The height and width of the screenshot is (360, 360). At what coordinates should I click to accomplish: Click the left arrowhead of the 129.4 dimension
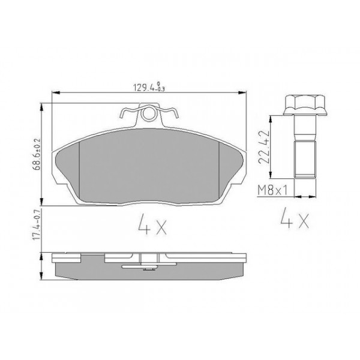coord(57,92)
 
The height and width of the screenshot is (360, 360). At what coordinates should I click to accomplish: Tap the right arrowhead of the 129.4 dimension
coord(244,92)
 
